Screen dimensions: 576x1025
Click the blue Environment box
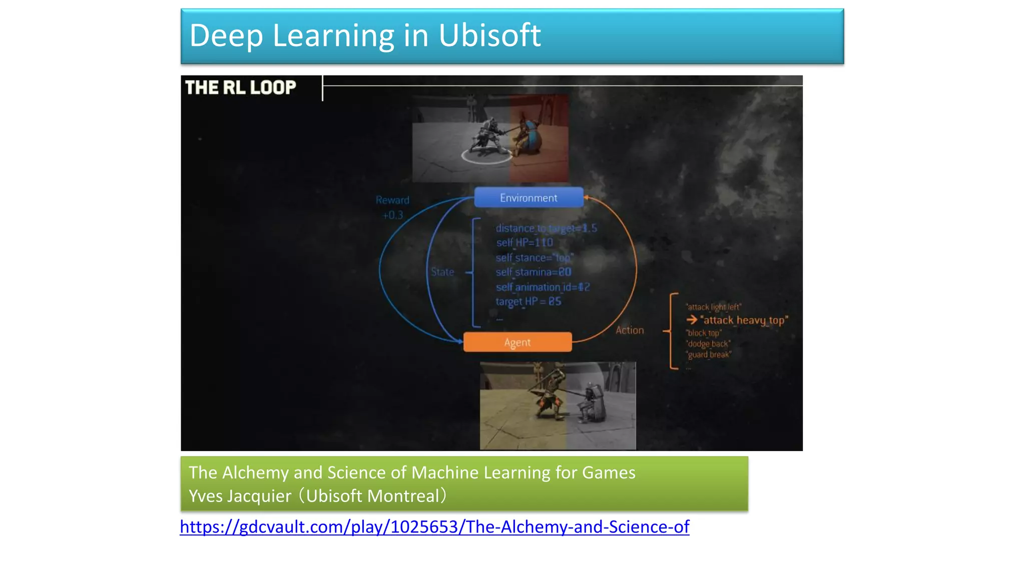coord(529,197)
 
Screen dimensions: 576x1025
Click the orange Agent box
coord(518,342)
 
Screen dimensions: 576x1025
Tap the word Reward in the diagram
coord(392,200)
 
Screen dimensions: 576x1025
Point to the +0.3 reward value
coord(392,215)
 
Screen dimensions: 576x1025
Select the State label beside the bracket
coord(442,272)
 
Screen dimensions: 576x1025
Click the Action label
coord(630,330)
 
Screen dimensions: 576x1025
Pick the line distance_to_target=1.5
coord(546,228)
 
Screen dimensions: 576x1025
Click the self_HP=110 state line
coord(525,242)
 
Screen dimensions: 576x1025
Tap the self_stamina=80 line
coord(533,272)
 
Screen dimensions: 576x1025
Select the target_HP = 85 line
coord(529,301)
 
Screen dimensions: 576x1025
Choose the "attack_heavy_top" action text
coord(744,320)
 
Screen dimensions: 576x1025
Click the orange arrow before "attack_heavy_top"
coord(692,319)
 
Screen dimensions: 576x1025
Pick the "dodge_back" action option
coord(708,344)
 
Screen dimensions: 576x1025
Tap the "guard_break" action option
coord(709,355)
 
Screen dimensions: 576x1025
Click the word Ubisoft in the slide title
coord(489,35)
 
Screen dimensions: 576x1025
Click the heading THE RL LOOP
coord(241,87)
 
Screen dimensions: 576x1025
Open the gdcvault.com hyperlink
coord(434,526)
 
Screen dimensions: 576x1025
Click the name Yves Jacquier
coord(240,496)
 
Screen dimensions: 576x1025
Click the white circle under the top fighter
coord(486,156)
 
